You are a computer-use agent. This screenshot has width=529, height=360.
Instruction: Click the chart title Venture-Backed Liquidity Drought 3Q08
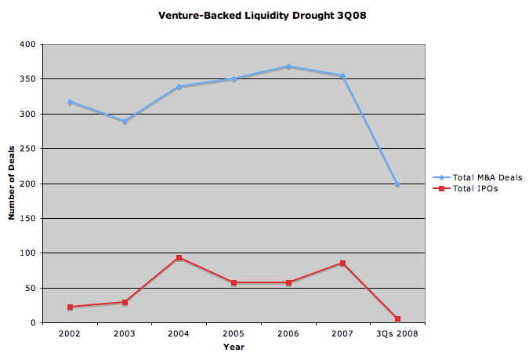click(263, 15)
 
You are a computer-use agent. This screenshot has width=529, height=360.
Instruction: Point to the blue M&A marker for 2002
click(70, 102)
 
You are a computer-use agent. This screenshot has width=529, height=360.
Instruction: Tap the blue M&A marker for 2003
click(125, 122)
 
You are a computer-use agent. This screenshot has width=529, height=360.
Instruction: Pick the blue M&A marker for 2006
click(288, 67)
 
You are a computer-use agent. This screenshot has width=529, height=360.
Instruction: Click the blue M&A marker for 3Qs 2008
click(397, 184)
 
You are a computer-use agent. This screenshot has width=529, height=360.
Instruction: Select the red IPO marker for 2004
click(179, 257)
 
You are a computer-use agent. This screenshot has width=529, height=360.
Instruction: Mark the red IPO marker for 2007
click(342, 264)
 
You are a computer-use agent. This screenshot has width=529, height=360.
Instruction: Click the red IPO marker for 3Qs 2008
click(397, 319)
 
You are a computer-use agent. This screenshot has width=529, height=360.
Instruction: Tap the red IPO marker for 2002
click(70, 307)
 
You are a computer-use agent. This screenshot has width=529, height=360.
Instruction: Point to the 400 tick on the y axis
click(31, 45)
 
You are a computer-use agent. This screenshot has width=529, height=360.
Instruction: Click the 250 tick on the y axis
click(31, 149)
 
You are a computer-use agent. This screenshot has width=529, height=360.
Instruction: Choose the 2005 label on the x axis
click(234, 333)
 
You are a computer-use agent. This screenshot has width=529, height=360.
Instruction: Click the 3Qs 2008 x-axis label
click(397, 333)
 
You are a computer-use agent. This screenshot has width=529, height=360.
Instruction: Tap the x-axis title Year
click(234, 346)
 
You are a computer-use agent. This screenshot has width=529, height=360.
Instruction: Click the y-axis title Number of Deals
click(12, 184)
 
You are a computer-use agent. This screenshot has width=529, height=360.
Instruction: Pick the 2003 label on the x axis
click(125, 333)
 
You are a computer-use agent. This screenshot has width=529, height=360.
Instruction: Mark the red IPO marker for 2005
click(234, 282)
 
